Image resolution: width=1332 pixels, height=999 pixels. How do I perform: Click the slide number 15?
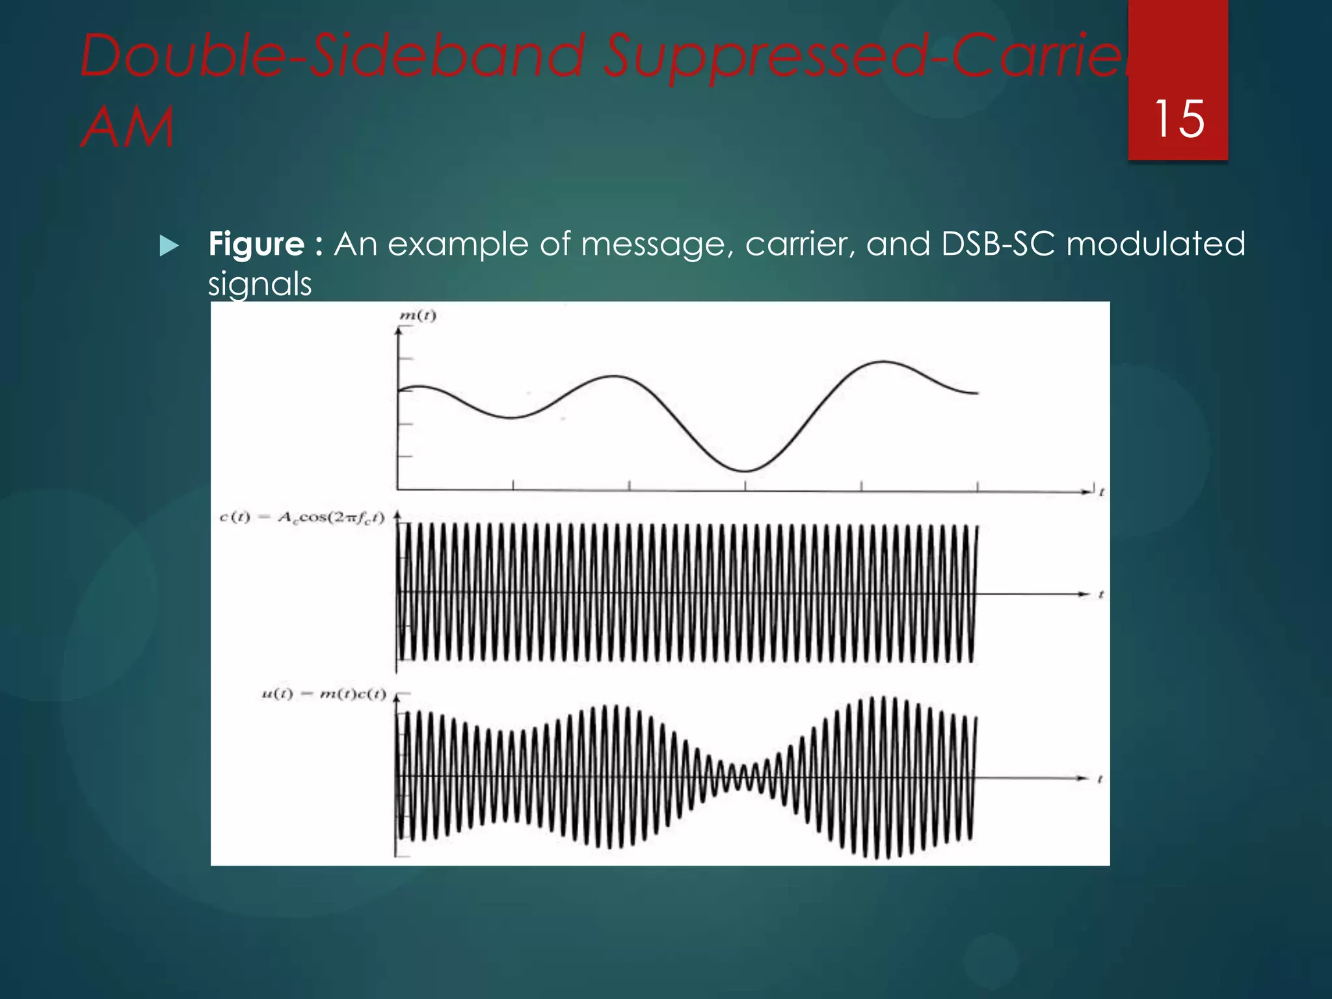coord(1179,119)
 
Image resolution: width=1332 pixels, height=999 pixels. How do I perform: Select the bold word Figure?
coord(256,245)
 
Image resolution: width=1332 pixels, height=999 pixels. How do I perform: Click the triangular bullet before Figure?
coord(168,246)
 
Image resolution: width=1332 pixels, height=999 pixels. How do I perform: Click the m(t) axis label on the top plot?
coord(417,316)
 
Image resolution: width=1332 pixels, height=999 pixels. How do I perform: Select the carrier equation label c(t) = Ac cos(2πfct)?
coord(302,518)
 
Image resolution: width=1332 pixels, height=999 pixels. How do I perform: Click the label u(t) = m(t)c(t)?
coord(324,694)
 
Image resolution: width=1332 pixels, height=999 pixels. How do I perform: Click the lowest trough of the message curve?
coord(745,470)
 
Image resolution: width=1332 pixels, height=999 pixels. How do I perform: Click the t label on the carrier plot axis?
coord(1101,594)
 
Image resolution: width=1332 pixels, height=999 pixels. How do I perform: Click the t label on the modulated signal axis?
coord(1100,779)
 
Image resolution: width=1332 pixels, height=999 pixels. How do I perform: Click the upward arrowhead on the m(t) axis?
coord(398,330)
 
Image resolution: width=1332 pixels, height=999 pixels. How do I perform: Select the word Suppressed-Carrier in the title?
coord(865,55)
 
